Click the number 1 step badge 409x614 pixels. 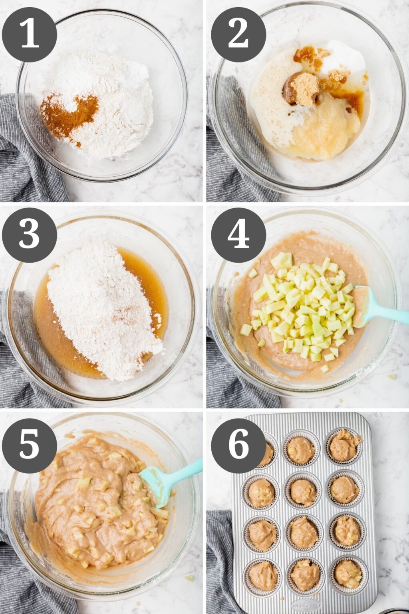pyautogui.click(x=29, y=34)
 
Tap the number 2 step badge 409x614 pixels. pyautogui.click(x=238, y=34)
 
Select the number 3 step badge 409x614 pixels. pyautogui.click(x=29, y=235)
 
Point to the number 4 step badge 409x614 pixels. pyautogui.click(x=238, y=235)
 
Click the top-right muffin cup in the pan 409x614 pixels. pyautogui.click(x=343, y=447)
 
